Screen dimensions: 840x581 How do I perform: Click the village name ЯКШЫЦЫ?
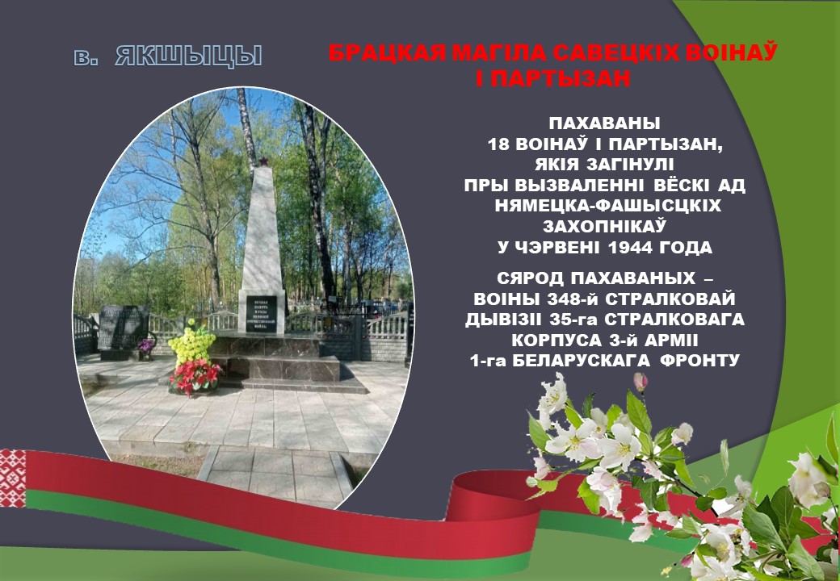[x=188, y=56]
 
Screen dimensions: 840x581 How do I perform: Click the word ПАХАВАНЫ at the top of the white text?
[x=605, y=123]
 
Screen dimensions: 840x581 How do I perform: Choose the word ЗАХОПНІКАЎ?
[x=605, y=226]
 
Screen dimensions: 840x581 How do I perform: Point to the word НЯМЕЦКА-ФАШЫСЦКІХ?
[x=607, y=206]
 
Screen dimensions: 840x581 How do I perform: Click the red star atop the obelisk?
[x=263, y=161]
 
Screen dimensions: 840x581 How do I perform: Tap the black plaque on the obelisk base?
[x=262, y=314]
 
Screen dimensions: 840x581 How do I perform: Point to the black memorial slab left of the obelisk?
[x=124, y=328]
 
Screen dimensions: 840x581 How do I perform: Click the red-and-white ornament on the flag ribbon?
[x=12, y=478]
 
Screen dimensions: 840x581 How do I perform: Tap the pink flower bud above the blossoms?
[x=640, y=382]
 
